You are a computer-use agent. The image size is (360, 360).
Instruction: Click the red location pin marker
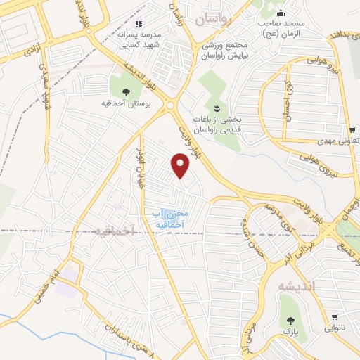(181, 166)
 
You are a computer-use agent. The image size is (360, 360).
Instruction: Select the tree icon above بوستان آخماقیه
(126, 91)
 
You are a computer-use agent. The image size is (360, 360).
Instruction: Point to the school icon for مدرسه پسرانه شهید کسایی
(139, 23)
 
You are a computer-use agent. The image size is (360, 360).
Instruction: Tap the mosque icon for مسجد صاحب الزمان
(281, 13)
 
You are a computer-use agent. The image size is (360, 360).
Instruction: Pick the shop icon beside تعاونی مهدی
(352, 129)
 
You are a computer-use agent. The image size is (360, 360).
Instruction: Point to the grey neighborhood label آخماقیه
(111, 233)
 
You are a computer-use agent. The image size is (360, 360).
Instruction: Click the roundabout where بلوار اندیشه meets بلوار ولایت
(171, 107)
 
